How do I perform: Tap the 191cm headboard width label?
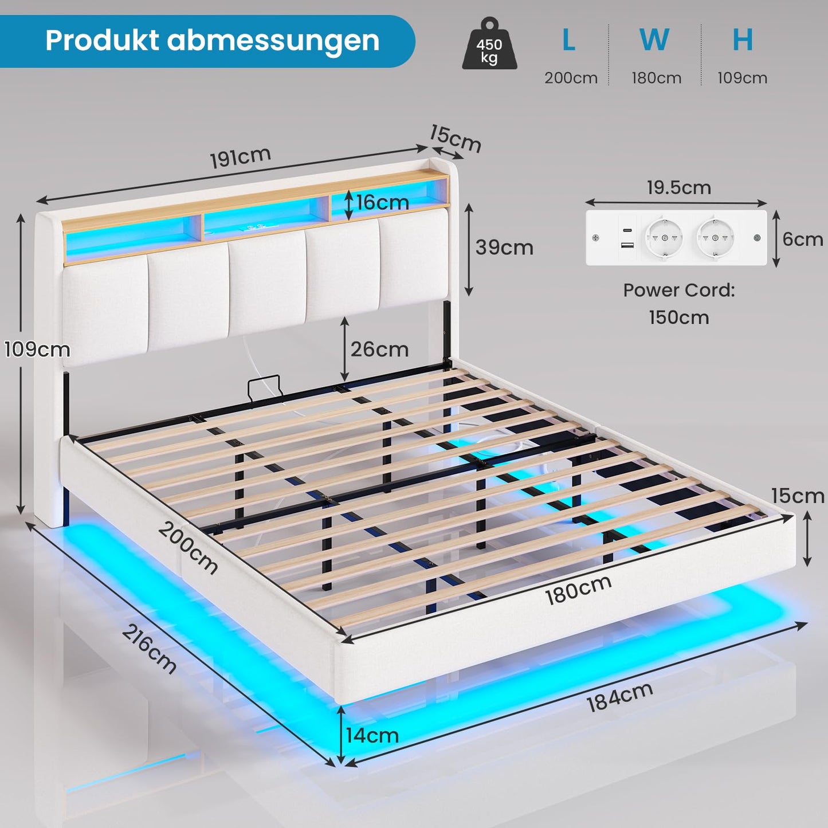(240, 158)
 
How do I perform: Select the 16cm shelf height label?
(382, 202)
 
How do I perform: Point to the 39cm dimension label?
(504, 248)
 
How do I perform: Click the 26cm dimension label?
(379, 349)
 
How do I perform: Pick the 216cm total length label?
(149, 649)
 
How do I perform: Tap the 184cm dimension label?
(619, 697)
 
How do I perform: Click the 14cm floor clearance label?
(372, 735)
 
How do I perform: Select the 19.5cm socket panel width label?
(678, 187)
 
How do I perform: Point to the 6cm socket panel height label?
(802, 238)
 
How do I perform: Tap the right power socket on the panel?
(715, 238)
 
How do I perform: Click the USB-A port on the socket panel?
(627, 246)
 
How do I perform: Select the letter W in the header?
(654, 40)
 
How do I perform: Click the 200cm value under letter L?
(571, 78)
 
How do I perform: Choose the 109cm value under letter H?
(742, 78)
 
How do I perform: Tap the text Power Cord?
(679, 290)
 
